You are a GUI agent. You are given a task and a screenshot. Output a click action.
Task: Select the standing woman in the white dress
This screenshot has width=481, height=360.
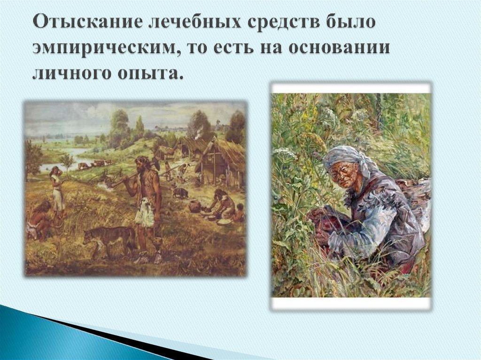click(x=56, y=190)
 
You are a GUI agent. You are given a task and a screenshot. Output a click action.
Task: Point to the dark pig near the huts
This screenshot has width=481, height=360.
click(x=180, y=192)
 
